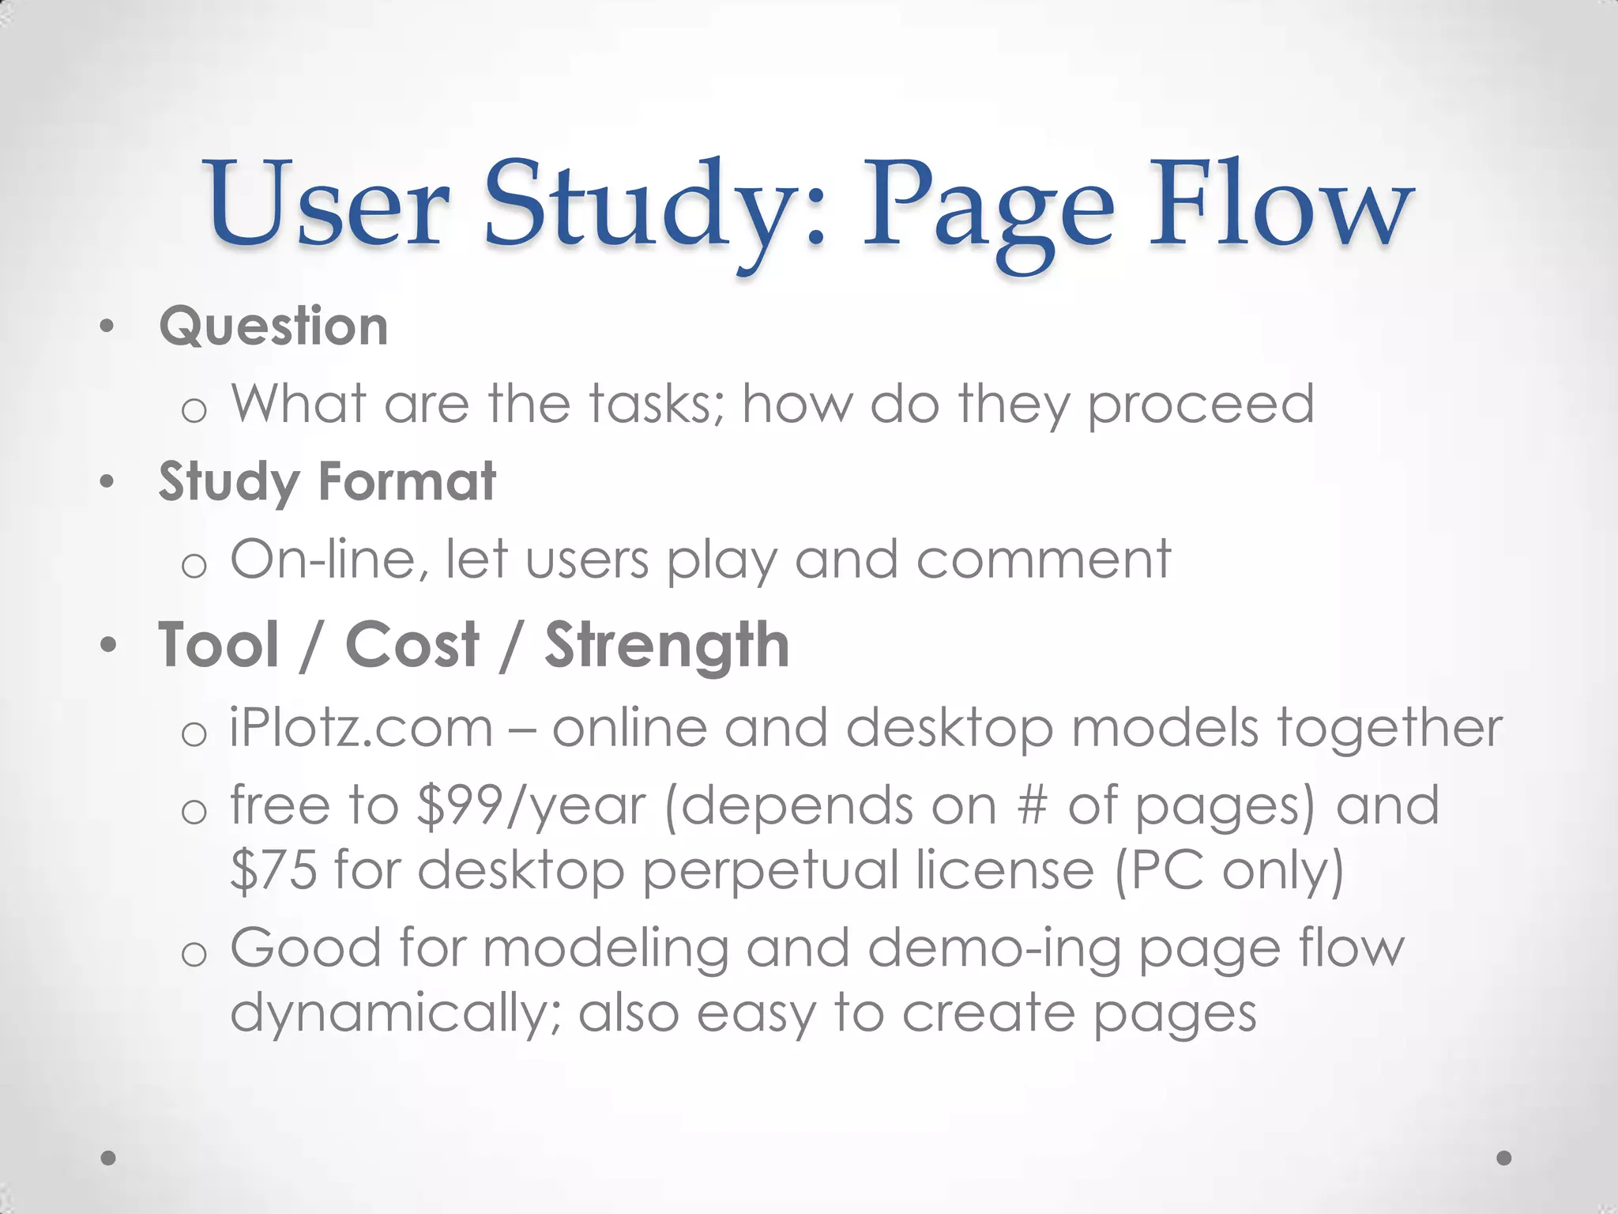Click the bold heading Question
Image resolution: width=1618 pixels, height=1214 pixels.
click(273, 326)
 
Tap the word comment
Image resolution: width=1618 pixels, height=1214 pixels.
click(1043, 560)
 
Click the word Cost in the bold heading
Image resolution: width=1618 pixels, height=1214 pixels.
click(412, 645)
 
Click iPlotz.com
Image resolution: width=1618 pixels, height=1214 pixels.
click(362, 728)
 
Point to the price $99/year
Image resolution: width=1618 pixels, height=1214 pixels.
click(531, 806)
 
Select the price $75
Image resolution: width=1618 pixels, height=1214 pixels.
click(273, 869)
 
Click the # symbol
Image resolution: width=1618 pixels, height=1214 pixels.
click(1032, 806)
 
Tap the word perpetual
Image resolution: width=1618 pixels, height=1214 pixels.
click(769, 871)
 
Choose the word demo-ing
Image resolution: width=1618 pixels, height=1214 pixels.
click(993, 948)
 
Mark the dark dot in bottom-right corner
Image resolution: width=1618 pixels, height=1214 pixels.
click(1504, 1158)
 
